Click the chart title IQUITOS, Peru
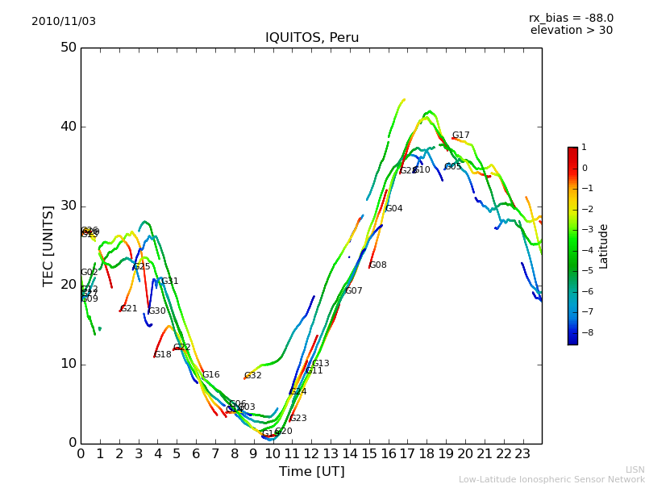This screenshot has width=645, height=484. [x=312, y=38]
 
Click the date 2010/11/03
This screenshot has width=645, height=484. [x=64, y=22]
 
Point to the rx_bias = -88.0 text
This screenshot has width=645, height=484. [x=571, y=18]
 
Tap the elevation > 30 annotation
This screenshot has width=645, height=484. [x=571, y=31]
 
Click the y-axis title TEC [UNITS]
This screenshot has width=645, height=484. [x=48, y=245]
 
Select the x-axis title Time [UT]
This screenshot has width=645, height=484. [x=311, y=472]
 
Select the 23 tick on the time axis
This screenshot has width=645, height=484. [x=522, y=454]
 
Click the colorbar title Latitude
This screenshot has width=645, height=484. [x=604, y=246]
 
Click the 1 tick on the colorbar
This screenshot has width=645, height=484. [x=584, y=148]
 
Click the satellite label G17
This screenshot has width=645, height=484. [x=460, y=136]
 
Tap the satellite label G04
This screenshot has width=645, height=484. [x=393, y=209]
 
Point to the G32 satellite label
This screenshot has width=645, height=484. [x=252, y=376]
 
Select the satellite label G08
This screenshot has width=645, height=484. [x=377, y=265]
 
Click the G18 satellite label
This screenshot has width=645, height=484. [x=162, y=355]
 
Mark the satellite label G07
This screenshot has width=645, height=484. [x=353, y=291]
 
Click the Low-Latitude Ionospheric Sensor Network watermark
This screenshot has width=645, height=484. [x=551, y=480]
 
